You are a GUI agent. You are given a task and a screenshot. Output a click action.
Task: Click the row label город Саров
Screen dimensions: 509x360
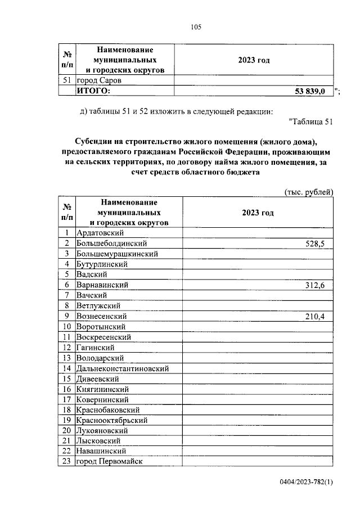pyautogui.click(x=99, y=80)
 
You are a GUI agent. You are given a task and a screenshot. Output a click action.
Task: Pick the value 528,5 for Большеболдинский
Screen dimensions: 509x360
pyautogui.click(x=314, y=243)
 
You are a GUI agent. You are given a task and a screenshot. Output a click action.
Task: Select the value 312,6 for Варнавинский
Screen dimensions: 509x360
pyautogui.click(x=314, y=285)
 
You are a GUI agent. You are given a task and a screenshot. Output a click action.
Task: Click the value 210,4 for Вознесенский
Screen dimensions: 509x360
pyautogui.click(x=314, y=316)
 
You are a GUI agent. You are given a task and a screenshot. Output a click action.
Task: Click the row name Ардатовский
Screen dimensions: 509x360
pyautogui.click(x=100, y=232)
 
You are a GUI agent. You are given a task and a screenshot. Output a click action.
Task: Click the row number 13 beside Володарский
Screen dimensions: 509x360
pyautogui.click(x=66, y=358)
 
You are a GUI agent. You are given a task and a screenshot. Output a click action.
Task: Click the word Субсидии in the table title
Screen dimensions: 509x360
pyautogui.click(x=94, y=141)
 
